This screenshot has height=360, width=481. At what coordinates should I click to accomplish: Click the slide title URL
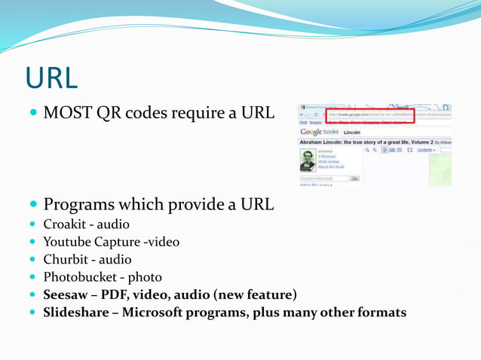pos(51,77)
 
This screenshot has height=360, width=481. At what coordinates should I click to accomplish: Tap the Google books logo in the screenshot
pos(320,132)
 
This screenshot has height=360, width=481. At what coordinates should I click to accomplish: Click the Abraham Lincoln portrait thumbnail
pos(308,159)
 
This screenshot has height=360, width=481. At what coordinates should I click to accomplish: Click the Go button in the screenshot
pos(354,178)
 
